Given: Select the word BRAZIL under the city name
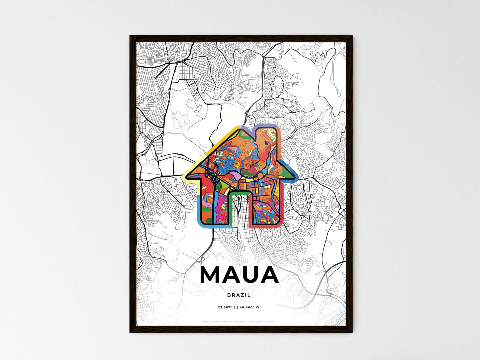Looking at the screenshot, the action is (239, 295).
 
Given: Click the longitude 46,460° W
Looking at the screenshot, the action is (249, 308).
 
